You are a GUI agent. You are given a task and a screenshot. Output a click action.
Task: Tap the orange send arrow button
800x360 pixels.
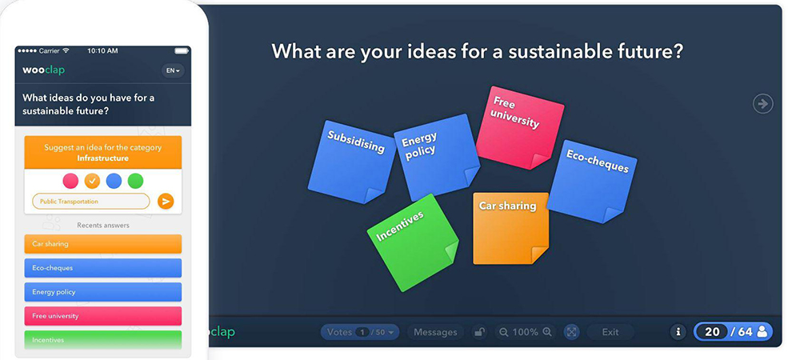click(166, 202)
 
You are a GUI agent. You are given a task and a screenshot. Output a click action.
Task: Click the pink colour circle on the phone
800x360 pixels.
click(70, 181)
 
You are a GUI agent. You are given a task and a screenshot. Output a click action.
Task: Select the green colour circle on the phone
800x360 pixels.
click(135, 181)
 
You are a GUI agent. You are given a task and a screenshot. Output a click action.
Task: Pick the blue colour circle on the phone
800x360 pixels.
click(114, 181)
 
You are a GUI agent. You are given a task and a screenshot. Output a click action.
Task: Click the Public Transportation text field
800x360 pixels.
click(91, 202)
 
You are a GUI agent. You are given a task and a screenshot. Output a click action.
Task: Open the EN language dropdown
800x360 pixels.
click(173, 71)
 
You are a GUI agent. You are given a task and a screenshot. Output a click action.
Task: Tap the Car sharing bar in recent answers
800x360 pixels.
click(103, 244)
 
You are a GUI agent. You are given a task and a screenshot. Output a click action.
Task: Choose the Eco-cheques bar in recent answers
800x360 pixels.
click(103, 268)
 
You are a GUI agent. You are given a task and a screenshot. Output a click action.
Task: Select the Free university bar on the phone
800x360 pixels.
click(103, 316)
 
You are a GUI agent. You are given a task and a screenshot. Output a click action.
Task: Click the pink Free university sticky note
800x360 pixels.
click(519, 128)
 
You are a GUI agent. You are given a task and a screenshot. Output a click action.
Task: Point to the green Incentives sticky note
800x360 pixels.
click(414, 242)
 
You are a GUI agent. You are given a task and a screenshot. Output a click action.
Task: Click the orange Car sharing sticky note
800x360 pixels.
click(510, 228)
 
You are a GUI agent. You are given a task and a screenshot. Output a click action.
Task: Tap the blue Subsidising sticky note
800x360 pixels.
click(351, 162)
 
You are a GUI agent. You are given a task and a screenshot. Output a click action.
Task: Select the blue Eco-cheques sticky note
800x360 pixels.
click(592, 182)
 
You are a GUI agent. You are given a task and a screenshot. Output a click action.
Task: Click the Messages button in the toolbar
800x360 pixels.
click(435, 332)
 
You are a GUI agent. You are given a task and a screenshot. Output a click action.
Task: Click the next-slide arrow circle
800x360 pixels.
click(762, 104)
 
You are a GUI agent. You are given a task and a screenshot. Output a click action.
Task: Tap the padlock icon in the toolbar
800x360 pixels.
click(479, 332)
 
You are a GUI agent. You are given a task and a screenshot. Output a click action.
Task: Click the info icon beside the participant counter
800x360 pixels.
click(678, 332)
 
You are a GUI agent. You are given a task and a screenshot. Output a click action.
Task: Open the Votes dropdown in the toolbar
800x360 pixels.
click(360, 332)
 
